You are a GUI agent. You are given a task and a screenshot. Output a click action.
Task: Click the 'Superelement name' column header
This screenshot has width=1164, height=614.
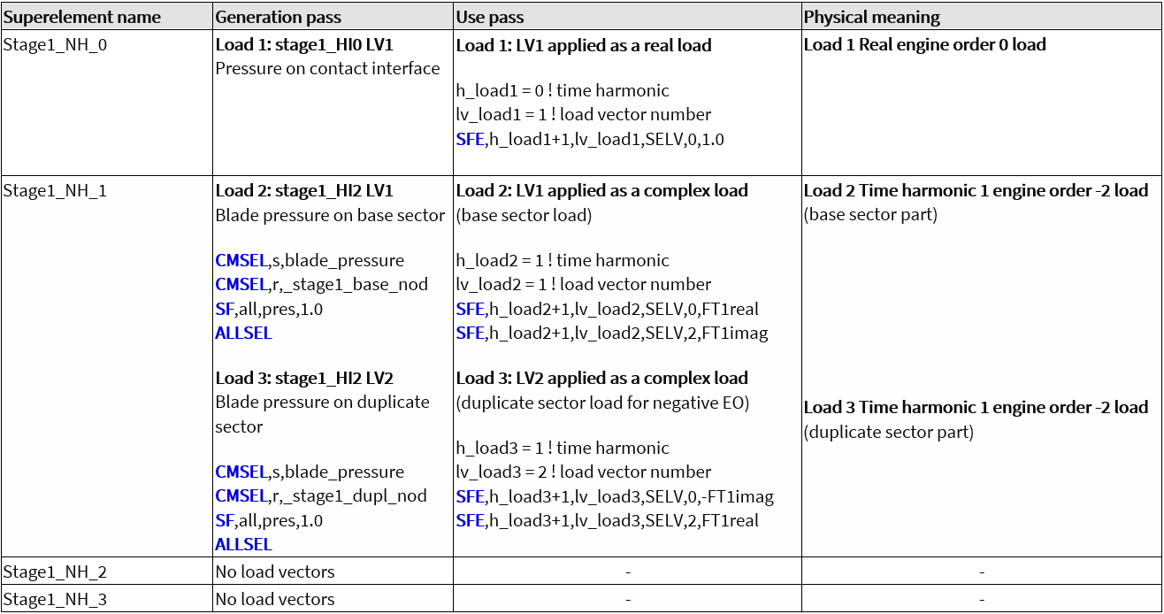(x=81, y=18)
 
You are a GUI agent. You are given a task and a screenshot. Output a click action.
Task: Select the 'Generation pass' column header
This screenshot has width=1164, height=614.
(x=278, y=18)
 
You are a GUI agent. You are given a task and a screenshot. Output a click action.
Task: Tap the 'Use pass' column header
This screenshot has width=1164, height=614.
(x=488, y=18)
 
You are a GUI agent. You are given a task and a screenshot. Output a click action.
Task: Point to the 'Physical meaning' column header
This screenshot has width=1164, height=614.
(x=871, y=18)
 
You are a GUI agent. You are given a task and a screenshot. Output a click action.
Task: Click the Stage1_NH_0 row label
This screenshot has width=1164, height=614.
(x=55, y=45)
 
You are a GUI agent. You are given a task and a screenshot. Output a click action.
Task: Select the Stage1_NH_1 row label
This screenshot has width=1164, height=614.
(x=55, y=191)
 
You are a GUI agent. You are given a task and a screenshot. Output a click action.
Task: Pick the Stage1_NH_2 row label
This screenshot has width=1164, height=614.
(x=55, y=572)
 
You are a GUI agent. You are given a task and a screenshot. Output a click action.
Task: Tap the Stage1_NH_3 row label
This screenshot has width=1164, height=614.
(x=55, y=600)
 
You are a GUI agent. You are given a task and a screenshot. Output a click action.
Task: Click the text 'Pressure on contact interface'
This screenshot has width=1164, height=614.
(x=327, y=69)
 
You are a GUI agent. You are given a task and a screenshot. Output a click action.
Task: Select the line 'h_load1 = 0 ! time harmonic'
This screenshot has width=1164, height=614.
(x=563, y=91)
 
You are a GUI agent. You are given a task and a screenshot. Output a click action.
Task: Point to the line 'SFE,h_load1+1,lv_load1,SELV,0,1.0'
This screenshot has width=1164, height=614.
(x=590, y=139)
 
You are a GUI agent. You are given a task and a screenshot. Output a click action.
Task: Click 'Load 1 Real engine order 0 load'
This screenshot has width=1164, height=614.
(x=924, y=45)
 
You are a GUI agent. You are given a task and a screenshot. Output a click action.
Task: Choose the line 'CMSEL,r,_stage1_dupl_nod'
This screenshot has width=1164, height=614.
(x=321, y=496)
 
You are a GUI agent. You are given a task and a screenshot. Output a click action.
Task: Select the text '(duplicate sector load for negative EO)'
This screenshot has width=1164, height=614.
(x=601, y=403)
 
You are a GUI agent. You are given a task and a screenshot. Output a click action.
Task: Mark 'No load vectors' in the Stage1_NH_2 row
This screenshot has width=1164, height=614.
(x=274, y=572)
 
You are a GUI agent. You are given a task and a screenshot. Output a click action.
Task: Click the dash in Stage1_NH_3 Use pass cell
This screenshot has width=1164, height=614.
(x=627, y=600)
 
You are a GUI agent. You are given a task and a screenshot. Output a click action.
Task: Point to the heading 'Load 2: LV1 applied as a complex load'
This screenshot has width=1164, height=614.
(x=601, y=191)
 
